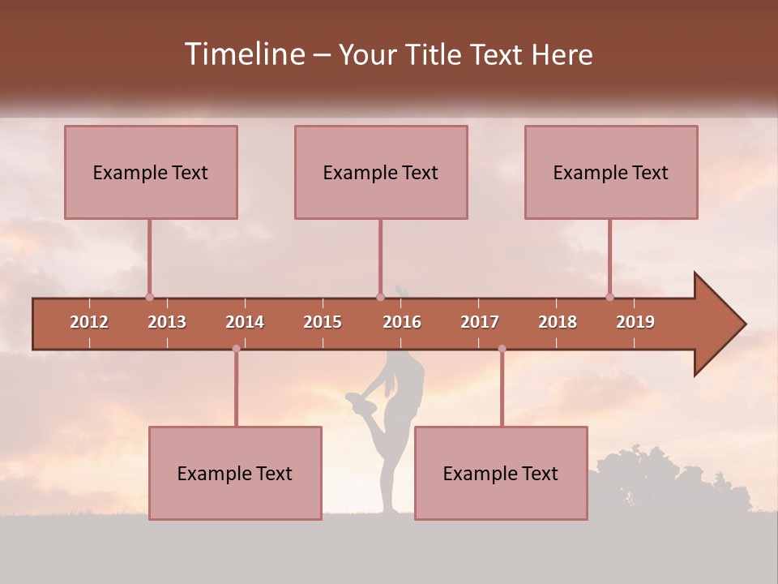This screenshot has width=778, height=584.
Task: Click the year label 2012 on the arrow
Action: tap(89, 322)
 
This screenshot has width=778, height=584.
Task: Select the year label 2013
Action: tap(167, 322)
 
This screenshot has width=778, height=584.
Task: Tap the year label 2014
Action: tap(245, 322)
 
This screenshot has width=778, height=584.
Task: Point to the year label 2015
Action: tap(323, 322)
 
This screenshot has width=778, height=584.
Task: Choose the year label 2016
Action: tap(402, 322)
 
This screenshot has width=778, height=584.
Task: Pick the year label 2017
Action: tap(480, 322)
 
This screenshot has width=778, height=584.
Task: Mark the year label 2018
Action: tap(558, 322)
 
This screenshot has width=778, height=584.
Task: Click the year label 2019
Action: tap(635, 322)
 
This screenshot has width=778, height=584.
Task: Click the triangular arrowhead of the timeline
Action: tap(717, 324)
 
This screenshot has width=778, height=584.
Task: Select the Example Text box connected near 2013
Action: tap(151, 172)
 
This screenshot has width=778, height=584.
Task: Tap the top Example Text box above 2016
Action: tap(381, 172)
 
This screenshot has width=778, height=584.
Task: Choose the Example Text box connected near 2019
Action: tap(611, 172)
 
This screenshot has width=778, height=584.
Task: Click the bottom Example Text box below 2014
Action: tap(235, 473)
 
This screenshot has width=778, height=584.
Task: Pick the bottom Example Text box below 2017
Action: tap(501, 473)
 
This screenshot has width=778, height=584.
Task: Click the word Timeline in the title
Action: tap(243, 54)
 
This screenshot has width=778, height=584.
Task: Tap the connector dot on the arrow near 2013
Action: tap(149, 297)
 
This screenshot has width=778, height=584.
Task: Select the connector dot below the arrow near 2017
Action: tap(502, 349)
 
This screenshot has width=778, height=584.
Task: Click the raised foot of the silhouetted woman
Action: tap(355, 399)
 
